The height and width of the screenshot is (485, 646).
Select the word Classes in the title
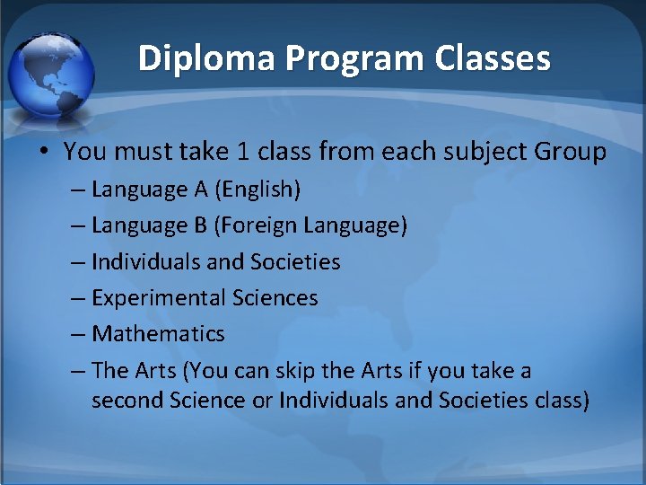coord(493,59)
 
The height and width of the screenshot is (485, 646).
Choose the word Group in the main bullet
coord(571,152)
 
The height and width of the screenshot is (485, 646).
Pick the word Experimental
coord(159,298)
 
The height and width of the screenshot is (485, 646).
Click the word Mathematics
coord(158,334)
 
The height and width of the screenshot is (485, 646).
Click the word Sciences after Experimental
coord(275,298)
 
